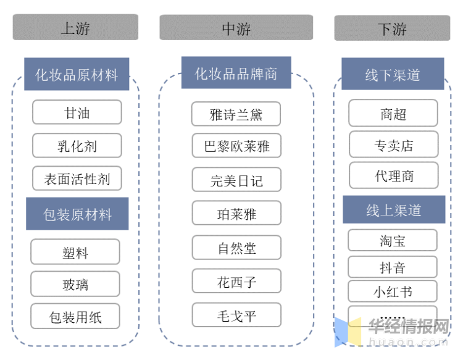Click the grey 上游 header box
tap(75, 28)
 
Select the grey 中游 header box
tap(236, 28)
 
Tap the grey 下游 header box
tap(392, 28)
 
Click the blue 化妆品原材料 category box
tap(77, 75)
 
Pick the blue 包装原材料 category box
tap(77, 214)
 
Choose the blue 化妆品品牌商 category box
tap(236, 73)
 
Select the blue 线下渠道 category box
tap(393, 75)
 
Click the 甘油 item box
tap(77, 113)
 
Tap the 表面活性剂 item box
tap(77, 179)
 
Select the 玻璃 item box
tap(75, 285)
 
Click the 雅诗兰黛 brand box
tap(236, 114)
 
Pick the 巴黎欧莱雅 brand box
tap(236, 146)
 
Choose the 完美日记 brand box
tap(236, 180)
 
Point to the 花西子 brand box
tap(236, 282)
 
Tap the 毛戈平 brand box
tap(236, 316)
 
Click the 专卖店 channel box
tap(393, 145)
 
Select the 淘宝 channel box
tap(393, 240)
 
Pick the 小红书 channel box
tap(393, 291)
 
